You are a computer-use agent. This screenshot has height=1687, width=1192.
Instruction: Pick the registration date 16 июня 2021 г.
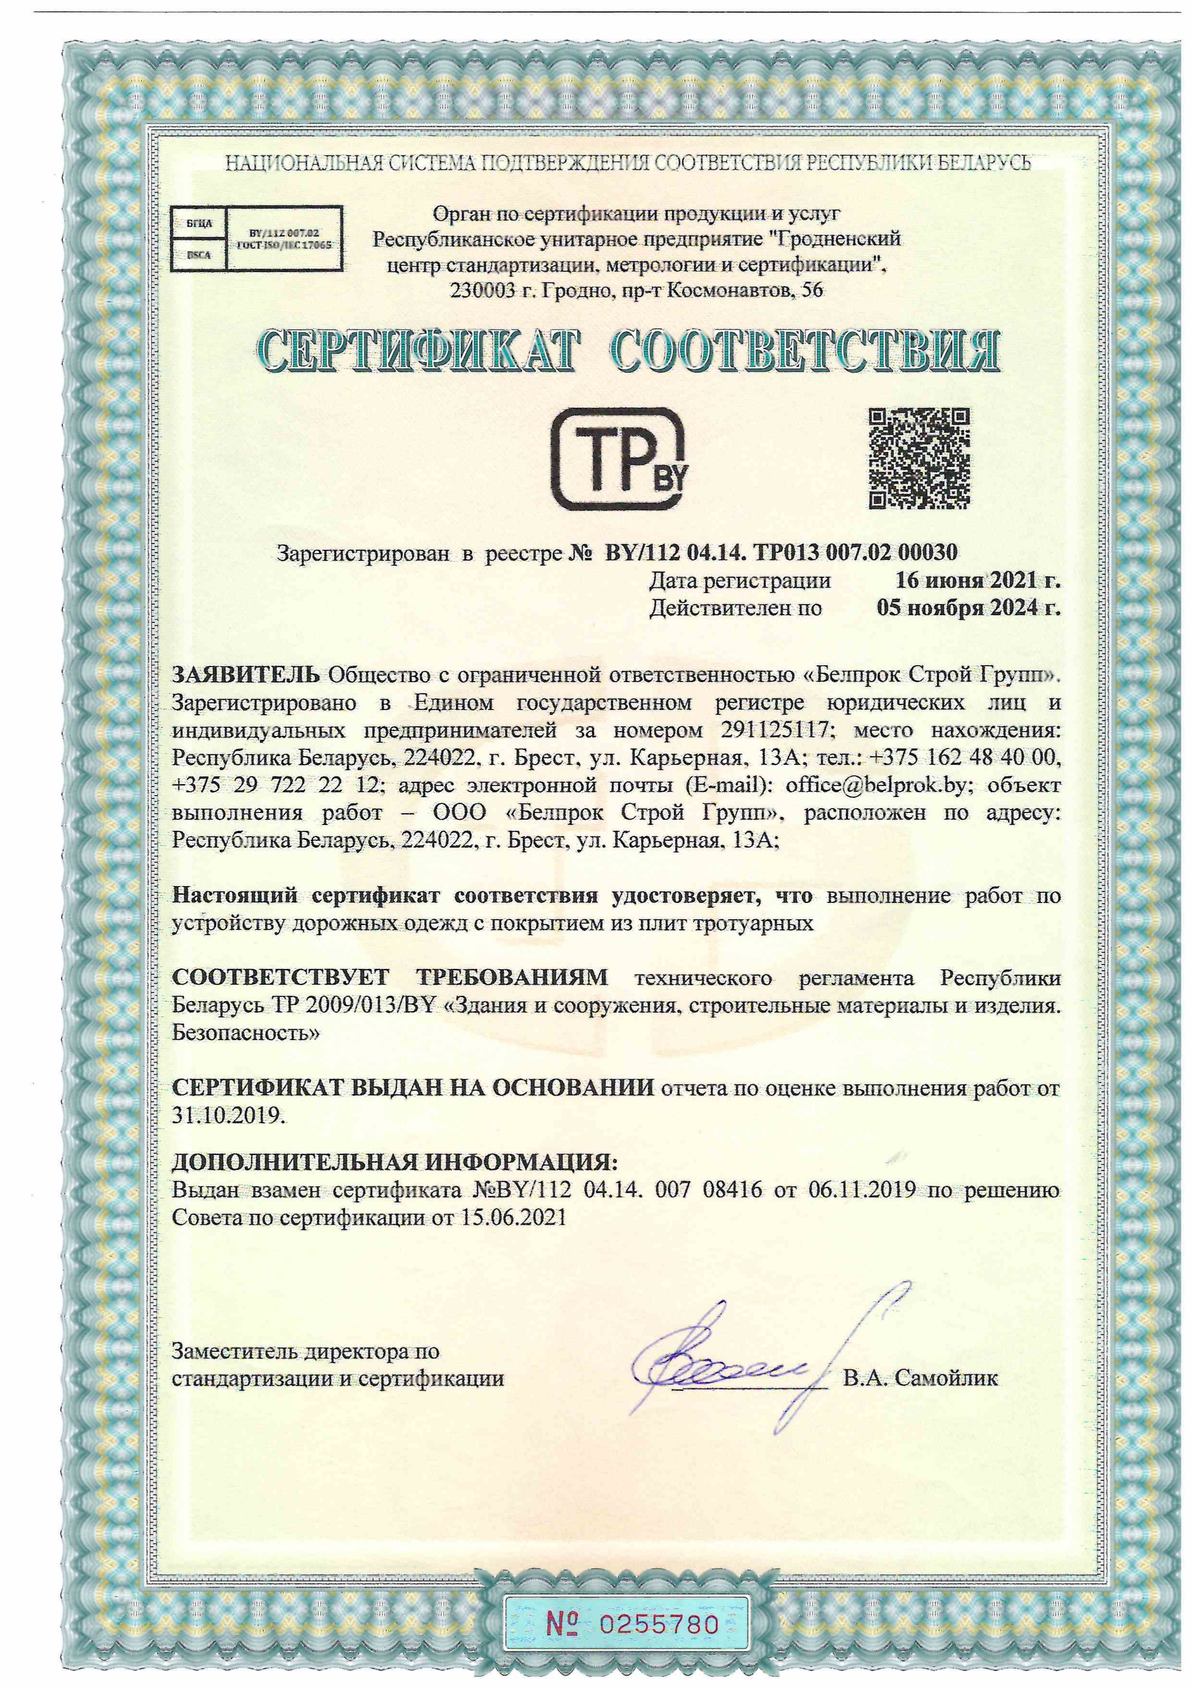tap(977, 581)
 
